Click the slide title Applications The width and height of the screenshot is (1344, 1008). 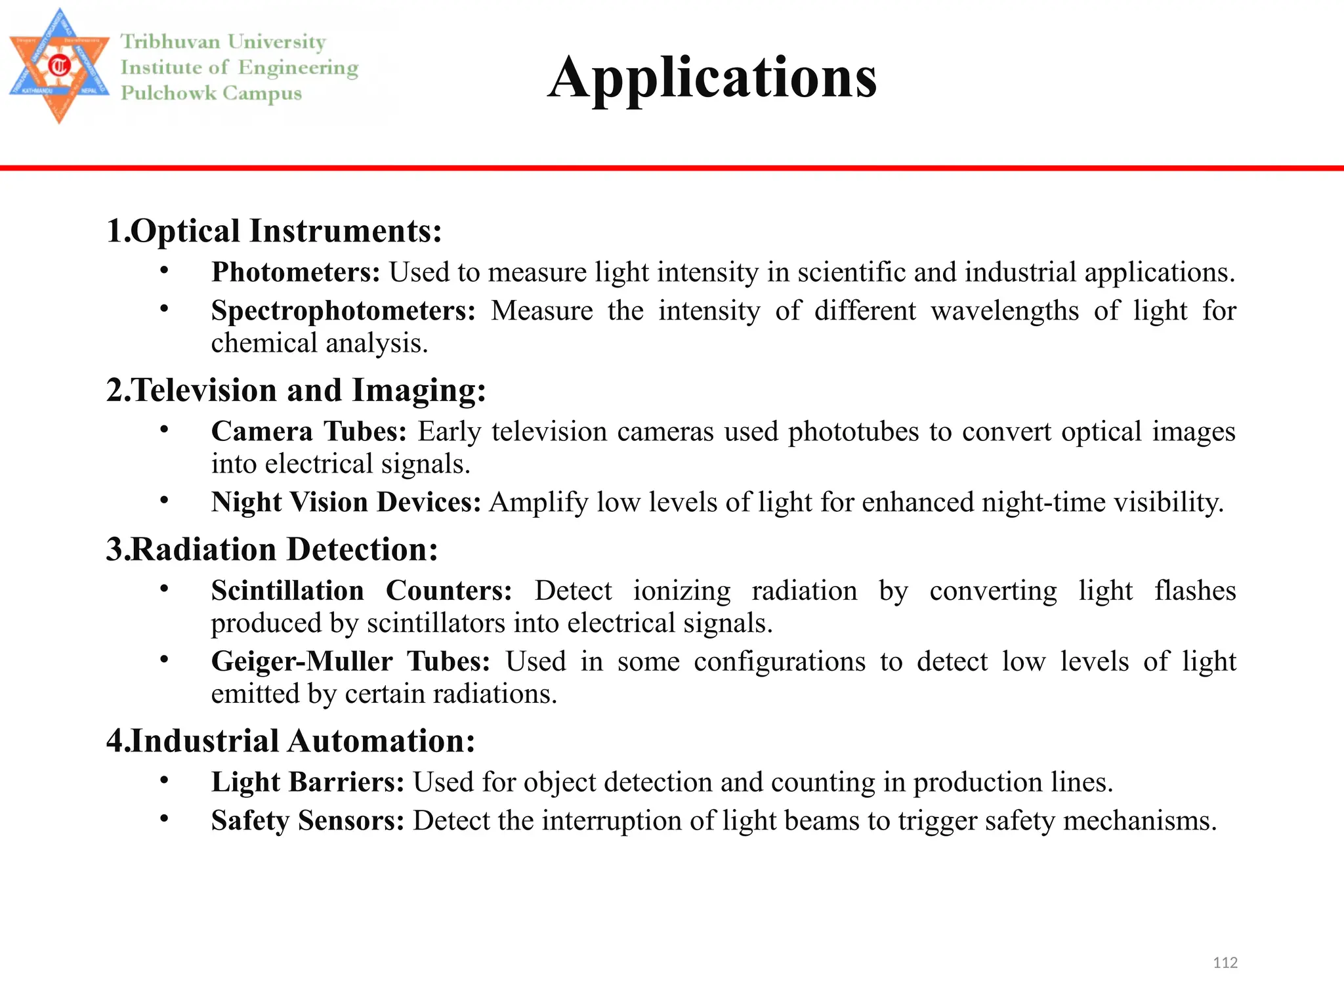[x=712, y=77]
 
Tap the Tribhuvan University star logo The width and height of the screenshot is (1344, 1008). [x=59, y=66]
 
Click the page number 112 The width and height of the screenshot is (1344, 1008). [x=1225, y=963]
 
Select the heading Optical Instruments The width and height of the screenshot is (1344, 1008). [x=274, y=231]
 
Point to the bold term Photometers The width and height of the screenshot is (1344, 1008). [x=295, y=272]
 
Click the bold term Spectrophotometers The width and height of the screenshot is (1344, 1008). [x=343, y=311]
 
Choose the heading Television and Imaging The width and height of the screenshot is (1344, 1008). [x=297, y=390]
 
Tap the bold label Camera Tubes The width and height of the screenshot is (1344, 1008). [x=308, y=432]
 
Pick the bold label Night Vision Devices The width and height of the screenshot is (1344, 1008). [x=346, y=503]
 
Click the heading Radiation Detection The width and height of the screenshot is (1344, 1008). [x=272, y=550]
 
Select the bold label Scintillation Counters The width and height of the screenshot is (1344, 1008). [x=362, y=591]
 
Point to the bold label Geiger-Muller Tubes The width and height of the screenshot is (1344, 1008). [x=350, y=661]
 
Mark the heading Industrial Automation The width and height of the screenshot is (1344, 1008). [x=291, y=742]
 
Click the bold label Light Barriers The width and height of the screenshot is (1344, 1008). [x=307, y=782]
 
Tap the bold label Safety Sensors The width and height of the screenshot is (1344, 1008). [x=307, y=821]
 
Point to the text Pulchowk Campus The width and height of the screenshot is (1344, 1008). [x=211, y=93]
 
